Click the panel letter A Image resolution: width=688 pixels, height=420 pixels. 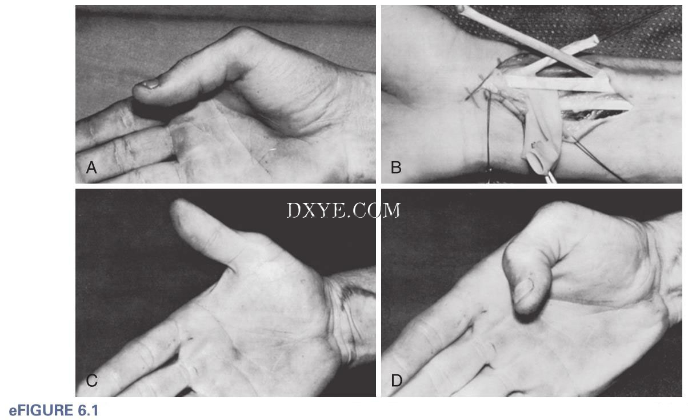pyautogui.click(x=91, y=168)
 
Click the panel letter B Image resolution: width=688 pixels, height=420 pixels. pyautogui.click(x=396, y=168)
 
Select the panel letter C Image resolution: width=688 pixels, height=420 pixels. pyautogui.click(x=92, y=381)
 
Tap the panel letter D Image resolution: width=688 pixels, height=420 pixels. pyautogui.click(x=397, y=381)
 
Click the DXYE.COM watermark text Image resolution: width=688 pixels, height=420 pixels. pyautogui.click(x=343, y=210)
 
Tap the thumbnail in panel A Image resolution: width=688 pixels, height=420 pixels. pyautogui.click(x=151, y=83)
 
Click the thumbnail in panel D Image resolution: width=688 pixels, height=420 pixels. pyautogui.click(x=525, y=290)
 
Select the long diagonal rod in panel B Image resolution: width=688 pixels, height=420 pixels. pyautogui.click(x=528, y=41)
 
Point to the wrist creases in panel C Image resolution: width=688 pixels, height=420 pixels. pyautogui.click(x=341, y=319)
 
